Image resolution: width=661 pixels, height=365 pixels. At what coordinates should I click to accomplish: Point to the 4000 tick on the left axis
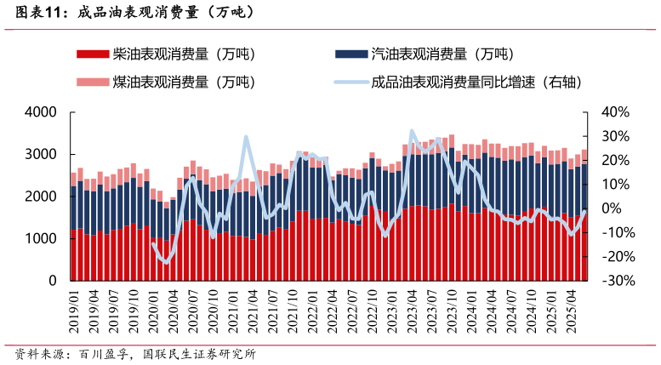[x=40, y=112]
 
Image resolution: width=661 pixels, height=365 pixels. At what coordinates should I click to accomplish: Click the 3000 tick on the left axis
[x=40, y=154]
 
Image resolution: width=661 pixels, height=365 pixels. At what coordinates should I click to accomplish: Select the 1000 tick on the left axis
[x=40, y=238]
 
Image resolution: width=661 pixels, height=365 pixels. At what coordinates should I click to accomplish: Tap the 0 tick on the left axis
[x=52, y=280]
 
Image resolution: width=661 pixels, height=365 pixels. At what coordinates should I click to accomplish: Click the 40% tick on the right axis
[x=613, y=112]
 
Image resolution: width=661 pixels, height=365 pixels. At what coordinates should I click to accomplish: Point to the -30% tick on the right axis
[x=613, y=280]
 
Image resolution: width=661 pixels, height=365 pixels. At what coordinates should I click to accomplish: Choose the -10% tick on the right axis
[x=613, y=232]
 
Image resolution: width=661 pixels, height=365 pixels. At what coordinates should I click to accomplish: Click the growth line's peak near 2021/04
[x=246, y=137]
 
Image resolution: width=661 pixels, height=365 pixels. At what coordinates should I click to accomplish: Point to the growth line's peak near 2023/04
[x=412, y=131]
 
